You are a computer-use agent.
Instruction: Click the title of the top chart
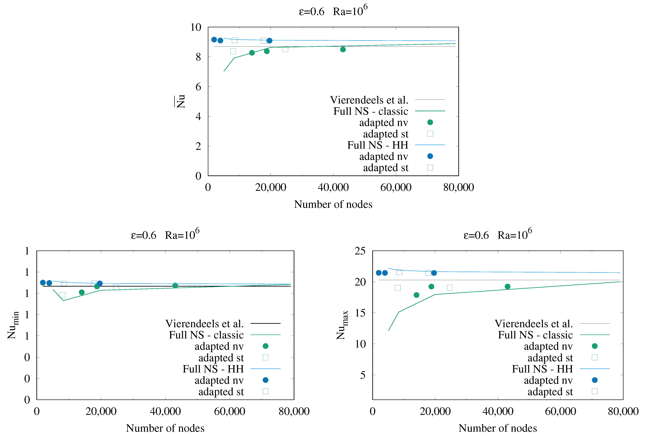333,11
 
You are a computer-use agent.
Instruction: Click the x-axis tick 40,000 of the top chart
333,188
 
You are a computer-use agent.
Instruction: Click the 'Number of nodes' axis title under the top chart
333,204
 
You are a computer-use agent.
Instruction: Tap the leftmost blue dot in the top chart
214,40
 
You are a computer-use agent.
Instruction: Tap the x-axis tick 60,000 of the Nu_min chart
230,411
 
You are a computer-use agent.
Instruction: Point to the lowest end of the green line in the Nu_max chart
389,331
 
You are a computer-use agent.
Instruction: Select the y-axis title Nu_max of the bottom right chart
342,325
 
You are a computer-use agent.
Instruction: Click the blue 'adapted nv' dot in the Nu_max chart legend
595,380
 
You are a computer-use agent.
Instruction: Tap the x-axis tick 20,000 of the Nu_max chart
435,411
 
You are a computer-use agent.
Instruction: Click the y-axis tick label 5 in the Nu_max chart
363,375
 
